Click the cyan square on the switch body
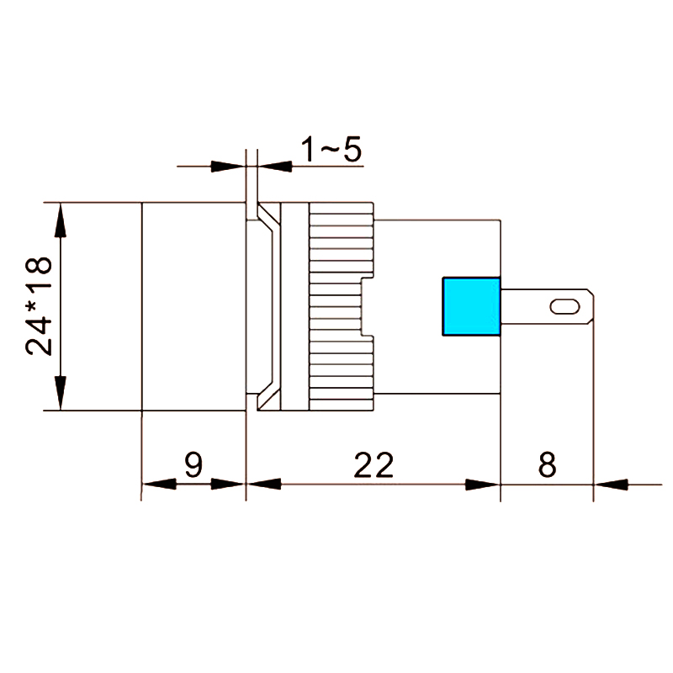tap(471, 306)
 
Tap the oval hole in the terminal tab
tap(564, 306)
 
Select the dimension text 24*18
tap(40, 306)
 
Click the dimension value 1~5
tap(331, 151)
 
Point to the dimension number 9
tap(193, 465)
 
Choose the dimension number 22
tap(374, 465)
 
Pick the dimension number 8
tap(547, 465)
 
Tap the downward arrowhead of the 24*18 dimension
tap(60, 394)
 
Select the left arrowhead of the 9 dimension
tap(156, 485)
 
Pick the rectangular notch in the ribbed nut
tap(368, 306)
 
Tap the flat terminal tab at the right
tap(547, 306)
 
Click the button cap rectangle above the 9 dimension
tap(193, 306)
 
